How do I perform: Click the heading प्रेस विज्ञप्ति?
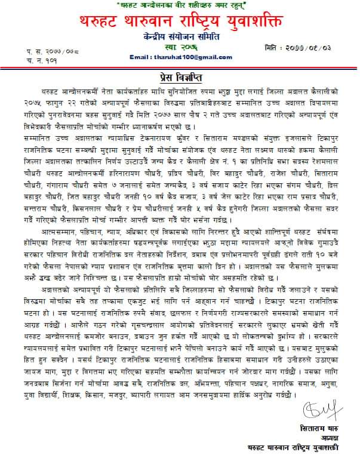click(179, 79)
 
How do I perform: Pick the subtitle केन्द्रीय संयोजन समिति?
click(180, 36)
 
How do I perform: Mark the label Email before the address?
click(140, 57)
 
